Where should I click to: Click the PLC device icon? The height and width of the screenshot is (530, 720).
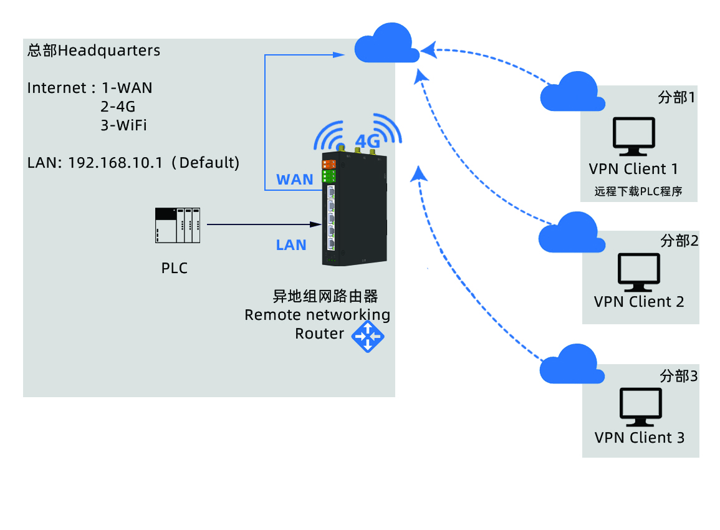pos(178,225)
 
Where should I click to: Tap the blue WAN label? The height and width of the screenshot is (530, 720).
pos(295,180)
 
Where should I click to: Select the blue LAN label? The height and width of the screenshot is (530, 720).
pos(291,245)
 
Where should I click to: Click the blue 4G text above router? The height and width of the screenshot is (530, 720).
pos(367,141)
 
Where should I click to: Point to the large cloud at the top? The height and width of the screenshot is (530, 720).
pos(386,44)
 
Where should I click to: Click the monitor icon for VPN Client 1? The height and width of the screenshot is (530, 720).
pos(634,137)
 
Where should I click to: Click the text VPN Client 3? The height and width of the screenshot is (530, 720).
pos(640,438)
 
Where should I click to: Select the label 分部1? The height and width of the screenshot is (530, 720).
pos(676,98)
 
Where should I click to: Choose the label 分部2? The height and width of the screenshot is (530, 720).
pos(679,241)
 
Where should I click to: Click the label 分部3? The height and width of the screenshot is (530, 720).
pos(679,376)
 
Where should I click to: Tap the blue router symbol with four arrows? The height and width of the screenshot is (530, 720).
pos(368,337)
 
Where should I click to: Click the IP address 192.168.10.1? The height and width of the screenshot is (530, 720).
pos(115,162)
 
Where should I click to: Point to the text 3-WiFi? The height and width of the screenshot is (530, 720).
pos(123,125)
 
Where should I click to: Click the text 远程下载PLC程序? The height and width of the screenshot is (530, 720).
pos(638,191)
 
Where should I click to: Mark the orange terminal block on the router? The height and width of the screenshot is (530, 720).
pos(329,165)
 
